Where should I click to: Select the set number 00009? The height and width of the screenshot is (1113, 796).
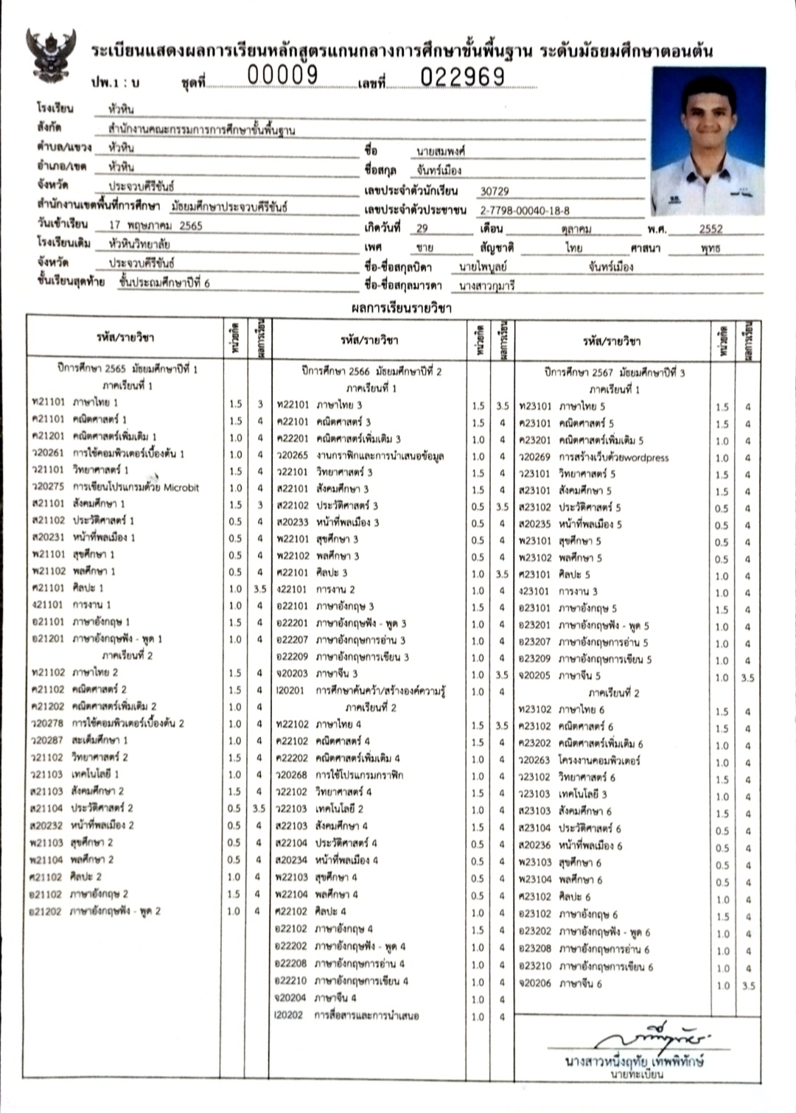pos(282,75)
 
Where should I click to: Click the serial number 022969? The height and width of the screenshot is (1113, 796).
pos(463,77)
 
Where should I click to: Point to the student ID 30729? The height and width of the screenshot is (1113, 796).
pos(495,191)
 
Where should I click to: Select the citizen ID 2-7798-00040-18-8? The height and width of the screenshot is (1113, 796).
pos(525,210)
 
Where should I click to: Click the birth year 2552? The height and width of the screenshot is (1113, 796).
pos(711,229)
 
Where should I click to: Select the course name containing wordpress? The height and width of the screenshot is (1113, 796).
pos(613,458)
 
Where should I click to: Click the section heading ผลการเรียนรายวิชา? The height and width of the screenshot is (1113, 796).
pos(401,308)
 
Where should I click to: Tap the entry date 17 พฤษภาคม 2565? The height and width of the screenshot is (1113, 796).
pos(156,226)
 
